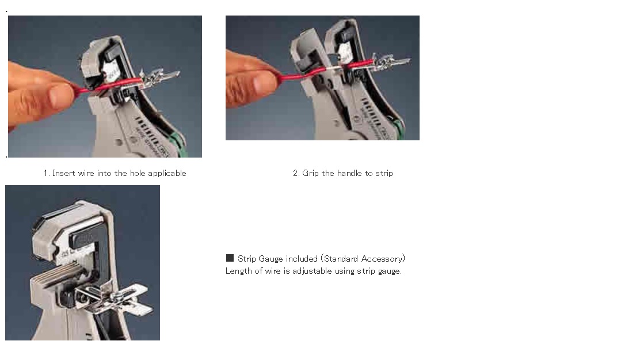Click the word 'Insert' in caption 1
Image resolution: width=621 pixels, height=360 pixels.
click(x=64, y=173)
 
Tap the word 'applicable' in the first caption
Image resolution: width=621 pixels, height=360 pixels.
click(x=167, y=174)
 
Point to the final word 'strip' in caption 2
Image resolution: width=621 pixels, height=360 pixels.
click(x=384, y=174)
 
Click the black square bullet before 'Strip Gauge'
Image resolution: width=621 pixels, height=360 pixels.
click(x=230, y=258)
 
